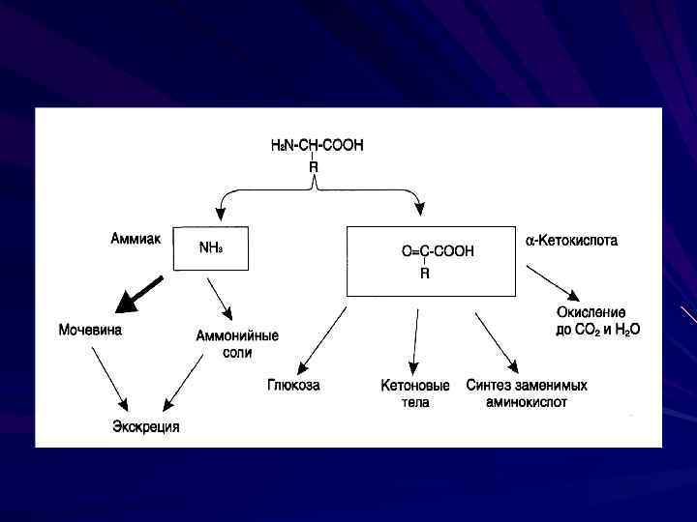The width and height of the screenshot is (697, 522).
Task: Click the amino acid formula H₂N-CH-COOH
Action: (x=317, y=146)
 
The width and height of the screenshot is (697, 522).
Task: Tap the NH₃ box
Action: (x=210, y=249)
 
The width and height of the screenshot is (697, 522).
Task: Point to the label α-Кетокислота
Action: (x=571, y=240)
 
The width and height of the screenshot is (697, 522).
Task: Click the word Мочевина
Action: (x=91, y=330)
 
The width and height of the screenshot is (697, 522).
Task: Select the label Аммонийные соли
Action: (x=237, y=344)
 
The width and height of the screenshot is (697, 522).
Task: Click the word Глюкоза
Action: (x=293, y=385)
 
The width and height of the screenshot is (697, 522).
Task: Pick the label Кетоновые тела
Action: (x=414, y=392)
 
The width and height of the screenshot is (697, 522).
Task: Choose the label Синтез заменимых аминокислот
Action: (x=527, y=392)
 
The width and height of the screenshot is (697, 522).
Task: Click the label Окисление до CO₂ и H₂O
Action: (x=598, y=321)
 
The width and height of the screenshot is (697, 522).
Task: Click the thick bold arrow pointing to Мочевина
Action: (x=137, y=294)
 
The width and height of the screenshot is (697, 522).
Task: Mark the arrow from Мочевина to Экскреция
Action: (x=109, y=378)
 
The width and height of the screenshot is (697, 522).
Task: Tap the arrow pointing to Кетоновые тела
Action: (x=415, y=340)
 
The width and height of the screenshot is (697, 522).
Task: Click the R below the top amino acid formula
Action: (x=314, y=167)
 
